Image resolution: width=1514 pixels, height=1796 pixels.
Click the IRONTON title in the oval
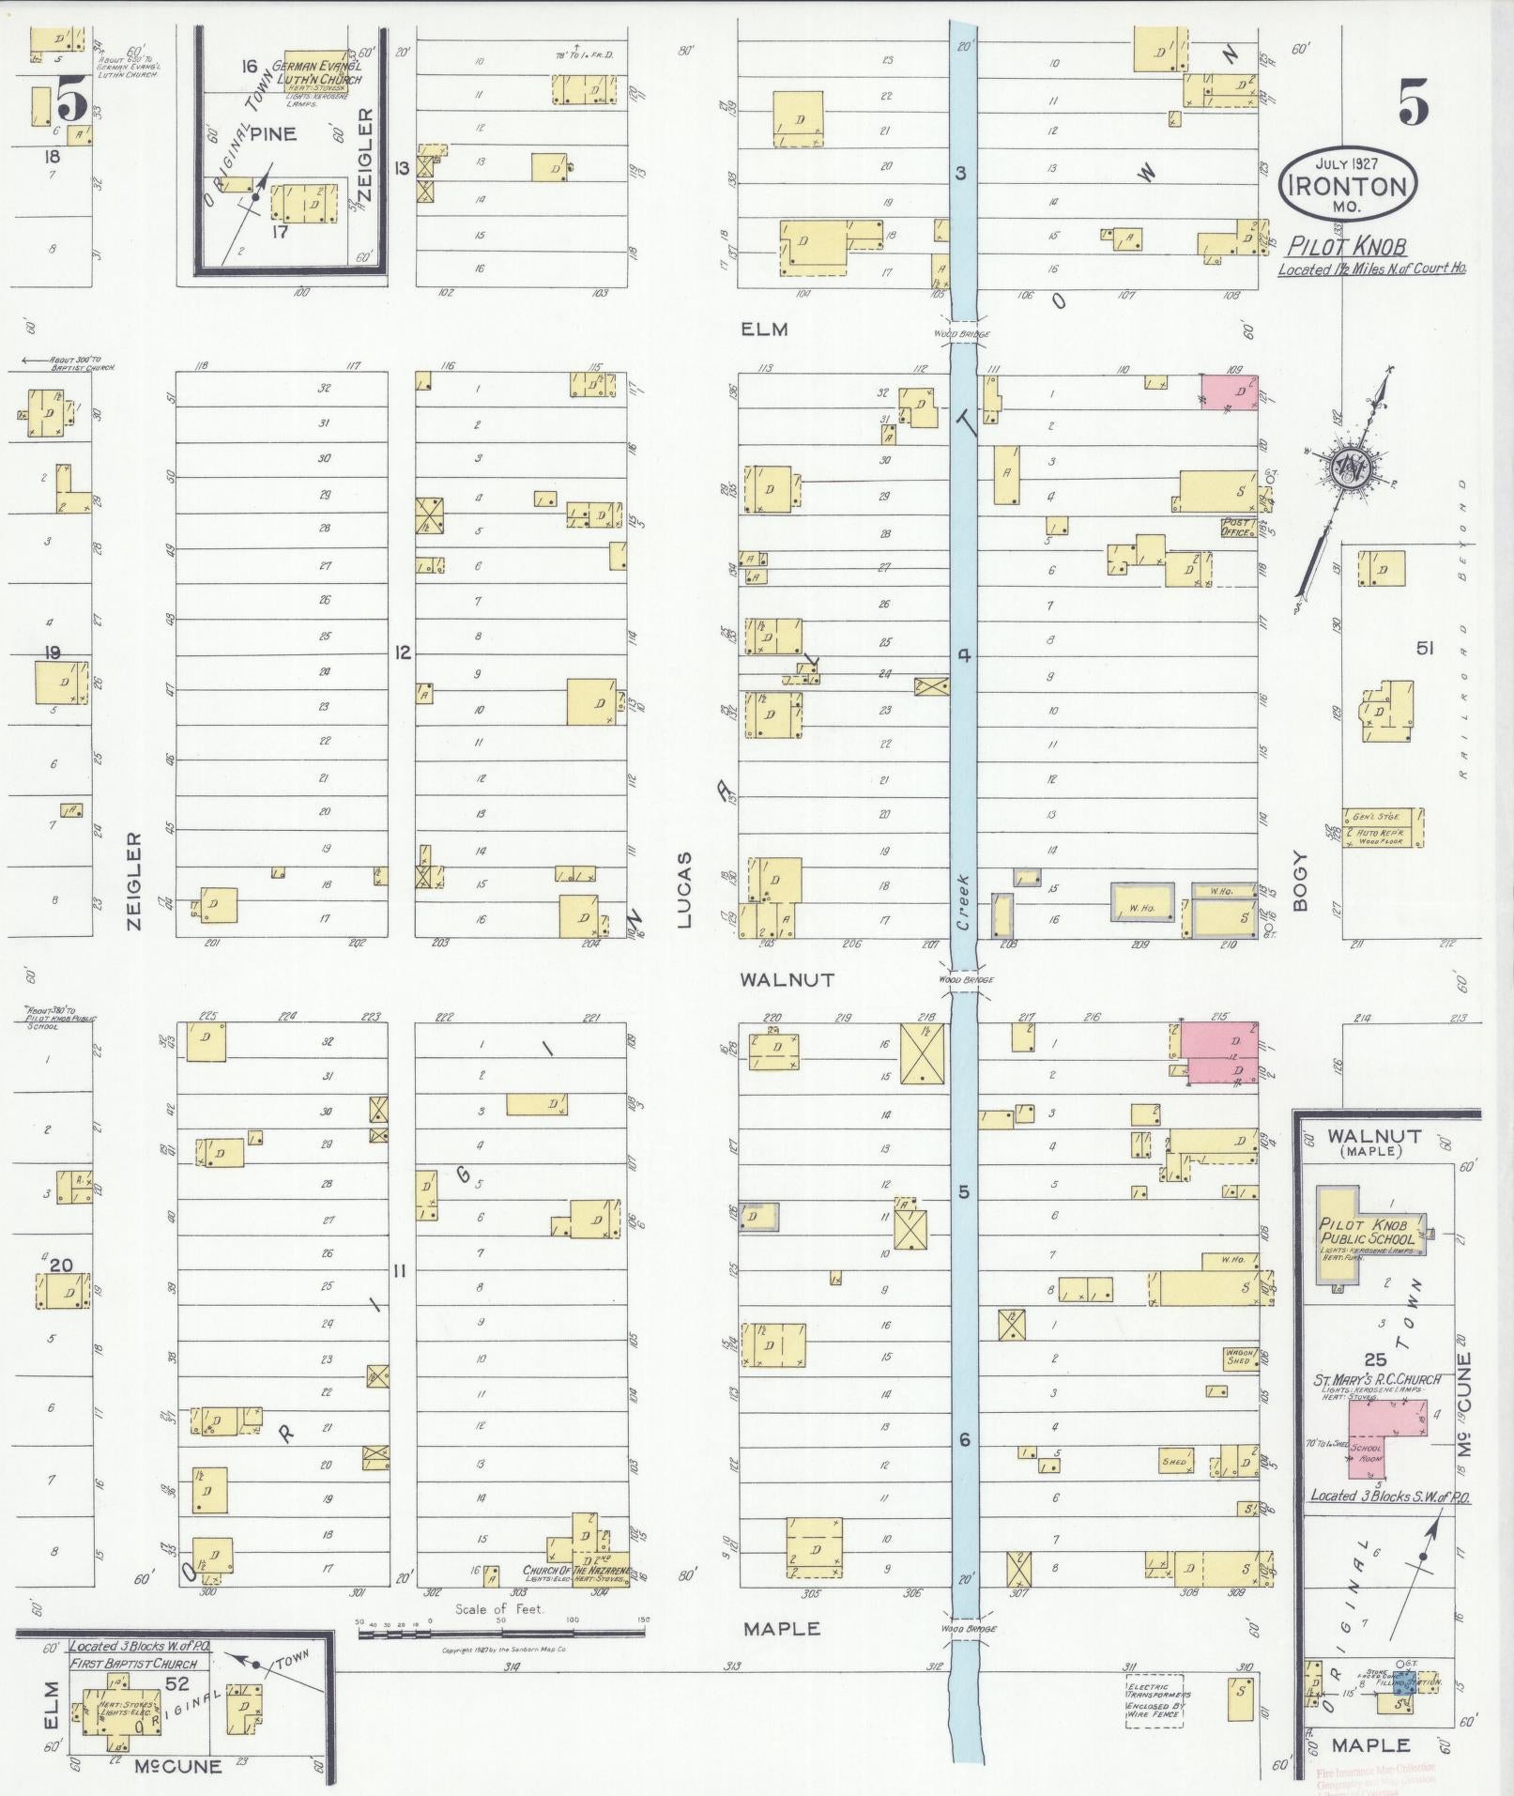pos(1348,185)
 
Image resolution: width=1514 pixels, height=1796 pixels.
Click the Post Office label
pos(1236,528)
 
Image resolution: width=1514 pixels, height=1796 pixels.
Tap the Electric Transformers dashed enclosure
pos(1154,1700)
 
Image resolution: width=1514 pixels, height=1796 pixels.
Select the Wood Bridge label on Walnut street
pos(965,979)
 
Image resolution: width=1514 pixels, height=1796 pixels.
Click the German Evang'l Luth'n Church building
pos(316,71)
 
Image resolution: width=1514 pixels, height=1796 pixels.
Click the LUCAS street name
pos(684,889)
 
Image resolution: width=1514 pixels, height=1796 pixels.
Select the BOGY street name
pos(1300,880)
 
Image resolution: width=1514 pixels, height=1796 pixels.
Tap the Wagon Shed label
pos(1240,1358)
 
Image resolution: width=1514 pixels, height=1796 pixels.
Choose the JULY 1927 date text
pos(1348,162)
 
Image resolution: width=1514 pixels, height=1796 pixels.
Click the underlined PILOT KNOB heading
pos(1346,246)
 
